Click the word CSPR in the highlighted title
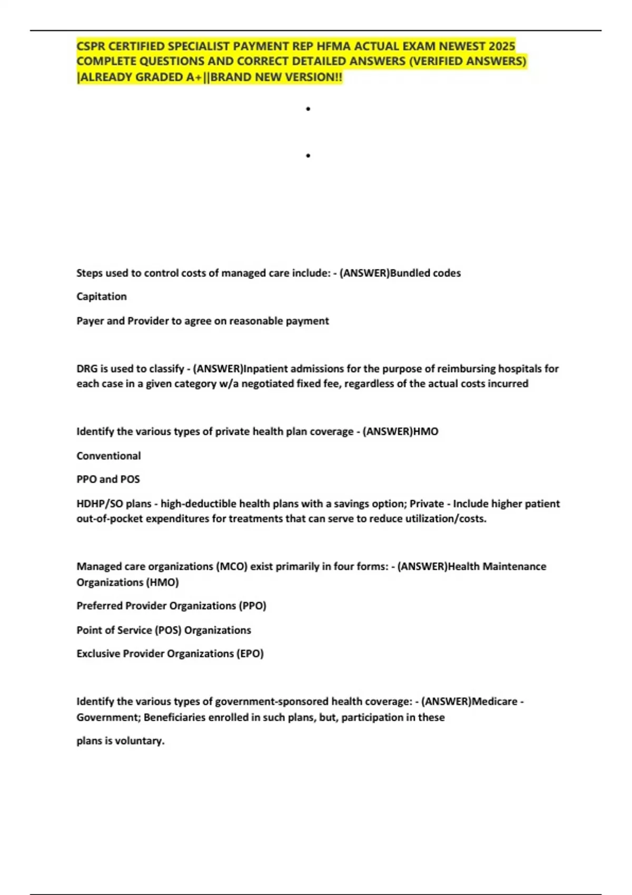pyautogui.click(x=91, y=46)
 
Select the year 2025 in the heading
pyautogui.click(x=501, y=46)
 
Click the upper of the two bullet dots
pyautogui.click(x=308, y=109)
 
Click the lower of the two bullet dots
pyautogui.click(x=308, y=156)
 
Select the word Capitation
pyautogui.click(x=102, y=296)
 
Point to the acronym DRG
pyautogui.click(x=87, y=369)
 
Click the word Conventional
pyautogui.click(x=108, y=456)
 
